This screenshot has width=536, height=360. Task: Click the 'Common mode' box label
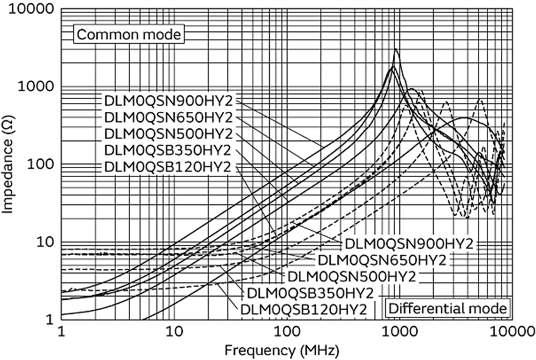pyautogui.click(x=128, y=34)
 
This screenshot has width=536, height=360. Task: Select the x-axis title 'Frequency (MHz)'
pyautogui.click(x=286, y=349)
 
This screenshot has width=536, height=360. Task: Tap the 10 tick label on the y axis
pyautogui.click(x=45, y=242)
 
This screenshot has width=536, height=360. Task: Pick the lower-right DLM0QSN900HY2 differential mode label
pyautogui.click(x=409, y=243)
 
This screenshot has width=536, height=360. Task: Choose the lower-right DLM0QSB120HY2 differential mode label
pyautogui.click(x=303, y=308)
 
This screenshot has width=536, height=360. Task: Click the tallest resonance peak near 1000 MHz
pyautogui.click(x=396, y=50)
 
